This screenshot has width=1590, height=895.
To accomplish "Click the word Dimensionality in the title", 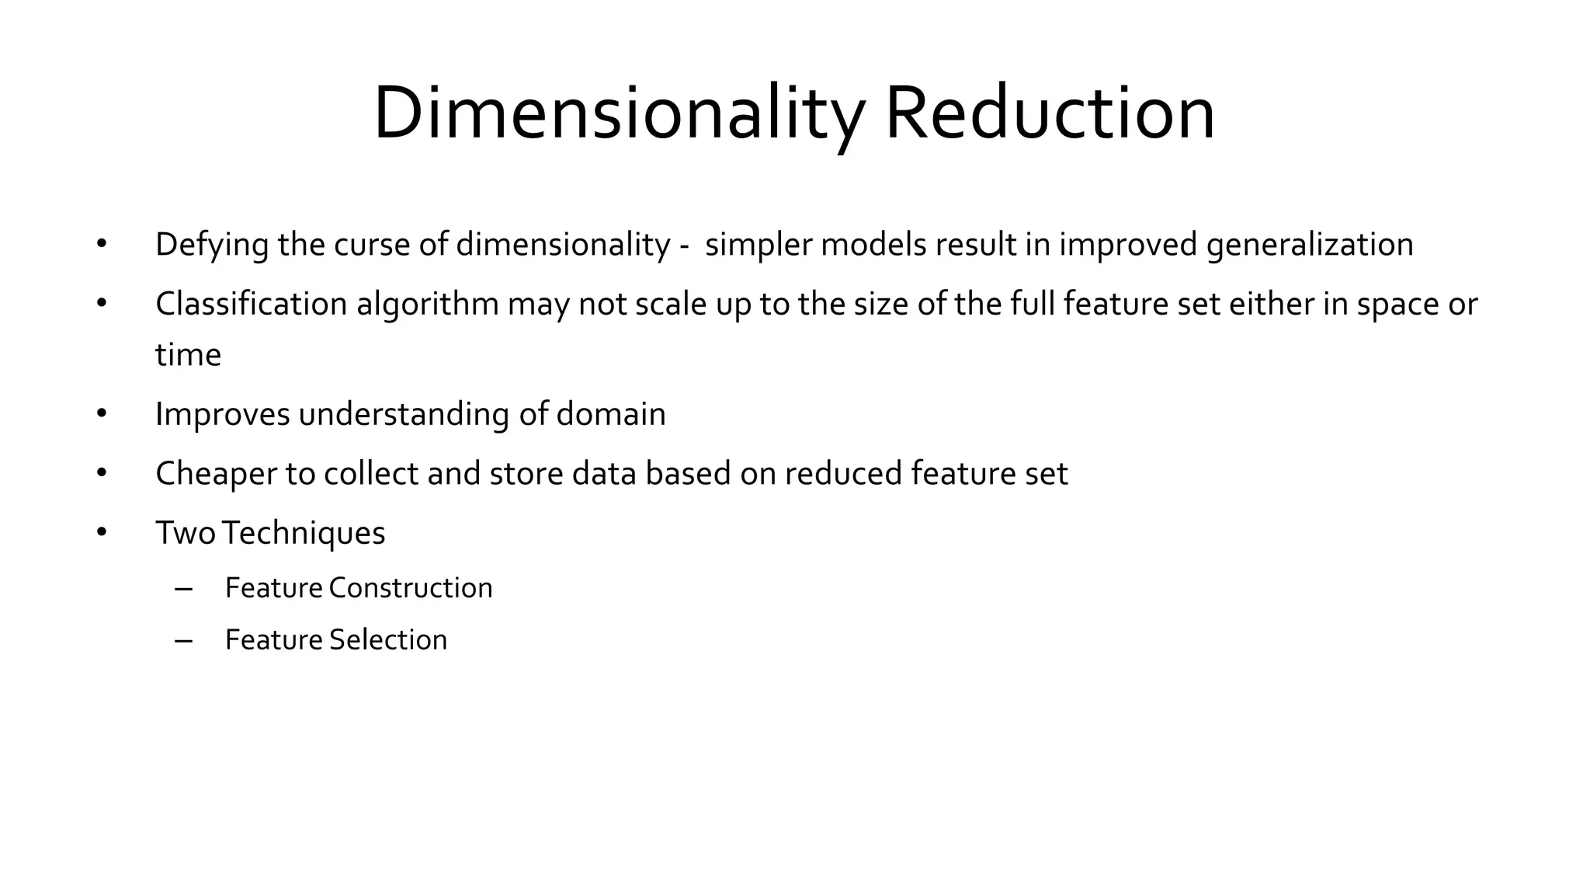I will (618, 113).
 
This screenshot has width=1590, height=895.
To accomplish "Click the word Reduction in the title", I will (1050, 113).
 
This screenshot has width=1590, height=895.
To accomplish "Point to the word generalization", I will (1310, 245).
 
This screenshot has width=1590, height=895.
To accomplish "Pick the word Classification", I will (251, 304).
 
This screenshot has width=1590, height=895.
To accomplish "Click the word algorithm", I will (427, 304).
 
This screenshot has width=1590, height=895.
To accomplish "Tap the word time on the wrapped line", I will (188, 355).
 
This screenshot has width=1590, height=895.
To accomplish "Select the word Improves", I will (222, 414).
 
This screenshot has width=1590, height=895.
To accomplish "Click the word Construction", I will (410, 588).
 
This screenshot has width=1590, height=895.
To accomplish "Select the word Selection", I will (387, 640).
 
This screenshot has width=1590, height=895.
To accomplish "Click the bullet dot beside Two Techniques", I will (102, 532).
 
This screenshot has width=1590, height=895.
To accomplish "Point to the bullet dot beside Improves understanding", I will (102, 413).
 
